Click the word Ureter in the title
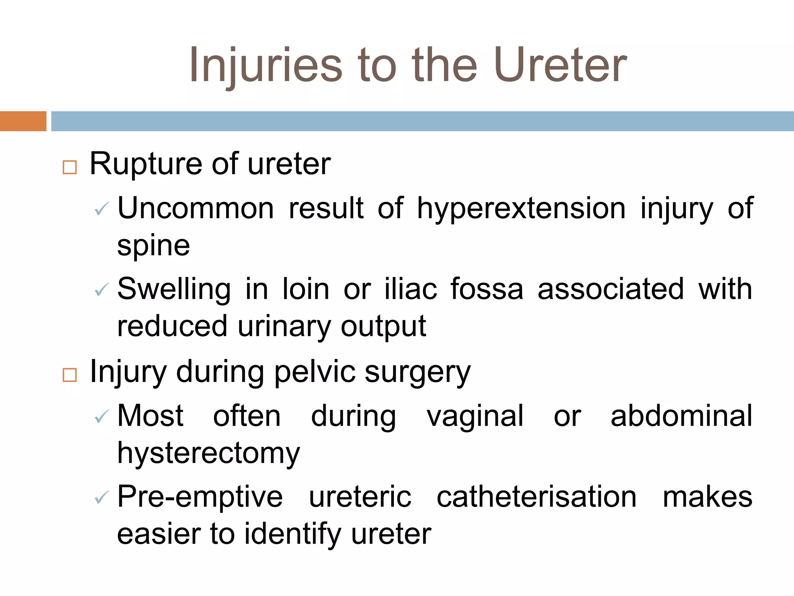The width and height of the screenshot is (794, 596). point(560,65)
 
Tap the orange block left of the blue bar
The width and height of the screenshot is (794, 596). point(23,121)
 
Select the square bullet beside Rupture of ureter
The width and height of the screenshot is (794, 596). point(70,167)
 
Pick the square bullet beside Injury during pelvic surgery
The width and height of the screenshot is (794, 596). point(70,375)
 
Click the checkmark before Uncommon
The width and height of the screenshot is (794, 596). point(102,210)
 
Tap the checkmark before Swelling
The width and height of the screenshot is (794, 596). point(102,290)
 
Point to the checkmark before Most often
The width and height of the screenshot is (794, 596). point(102,417)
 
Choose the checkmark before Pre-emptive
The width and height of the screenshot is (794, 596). point(102,497)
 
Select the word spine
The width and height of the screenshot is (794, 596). point(154,246)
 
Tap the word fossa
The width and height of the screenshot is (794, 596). point(487,289)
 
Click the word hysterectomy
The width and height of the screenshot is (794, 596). point(209,454)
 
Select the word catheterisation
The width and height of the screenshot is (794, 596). point(537,497)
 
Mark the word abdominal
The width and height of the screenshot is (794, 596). point(681,416)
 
